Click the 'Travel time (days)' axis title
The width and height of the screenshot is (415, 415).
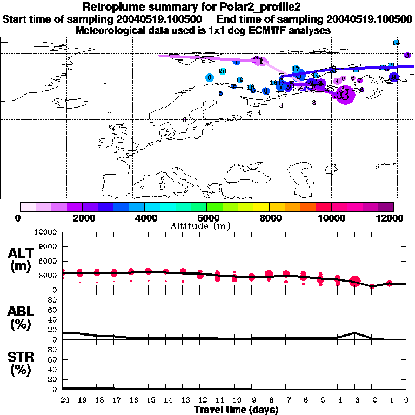(x=236, y=410)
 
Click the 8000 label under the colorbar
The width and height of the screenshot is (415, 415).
(x=269, y=218)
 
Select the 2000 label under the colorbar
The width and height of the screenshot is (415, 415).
(x=82, y=218)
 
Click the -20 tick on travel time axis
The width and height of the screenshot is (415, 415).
(x=62, y=400)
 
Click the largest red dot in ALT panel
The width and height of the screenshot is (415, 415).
(x=355, y=281)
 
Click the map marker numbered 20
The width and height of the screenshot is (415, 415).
(x=222, y=71)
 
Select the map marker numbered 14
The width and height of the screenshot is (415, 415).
(x=396, y=42)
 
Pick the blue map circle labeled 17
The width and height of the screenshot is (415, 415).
(x=296, y=69)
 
